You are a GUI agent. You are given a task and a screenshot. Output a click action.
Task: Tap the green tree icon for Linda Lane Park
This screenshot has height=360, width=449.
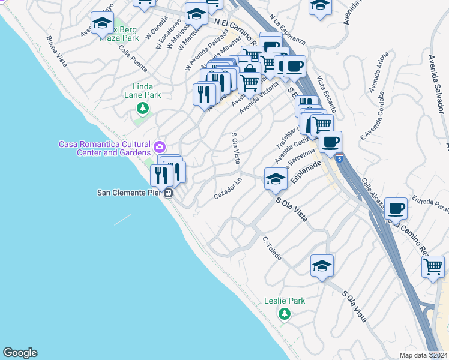coord(143,108)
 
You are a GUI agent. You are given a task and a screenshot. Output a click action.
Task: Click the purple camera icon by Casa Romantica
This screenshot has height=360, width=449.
coord(160,146)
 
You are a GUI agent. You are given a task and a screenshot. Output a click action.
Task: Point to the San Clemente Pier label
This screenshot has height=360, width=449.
coord(130,193)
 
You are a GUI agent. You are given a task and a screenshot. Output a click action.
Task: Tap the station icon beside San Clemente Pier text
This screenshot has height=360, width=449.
coord(169,193)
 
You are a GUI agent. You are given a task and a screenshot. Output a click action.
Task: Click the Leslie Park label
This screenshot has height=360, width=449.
coord(285,301)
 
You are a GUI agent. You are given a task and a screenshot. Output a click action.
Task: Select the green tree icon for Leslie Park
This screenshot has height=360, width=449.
coord(285,313)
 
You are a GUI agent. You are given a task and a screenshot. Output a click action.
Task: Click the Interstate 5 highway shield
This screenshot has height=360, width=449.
coord(340,159)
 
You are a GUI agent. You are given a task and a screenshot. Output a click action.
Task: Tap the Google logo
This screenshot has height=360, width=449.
coord(20,353)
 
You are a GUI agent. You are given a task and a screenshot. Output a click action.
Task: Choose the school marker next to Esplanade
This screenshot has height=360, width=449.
coord(276,179)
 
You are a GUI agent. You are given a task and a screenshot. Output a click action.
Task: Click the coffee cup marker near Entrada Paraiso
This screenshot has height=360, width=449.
coord(396,209)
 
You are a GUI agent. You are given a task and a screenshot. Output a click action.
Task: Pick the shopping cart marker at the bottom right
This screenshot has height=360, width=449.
coord(433,266)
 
